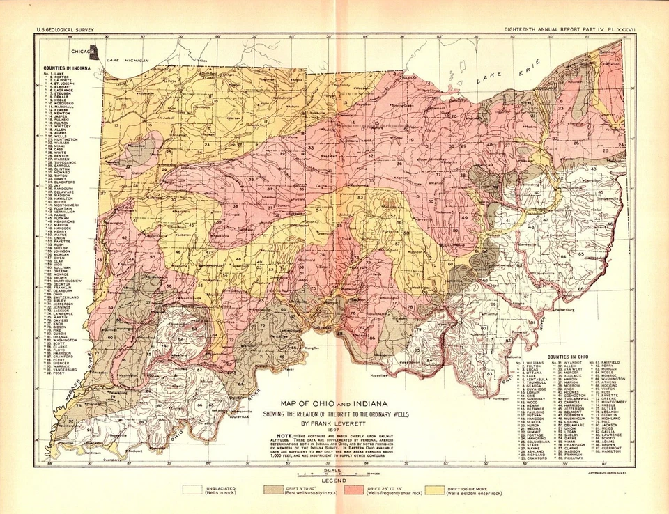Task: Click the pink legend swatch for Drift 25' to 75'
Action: tap(362, 490)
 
